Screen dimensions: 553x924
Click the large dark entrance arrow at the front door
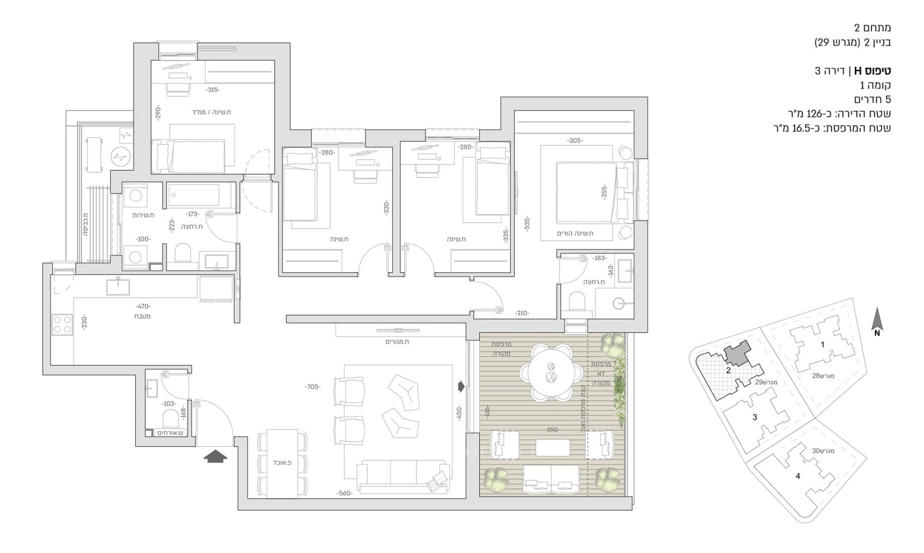click(x=215, y=456)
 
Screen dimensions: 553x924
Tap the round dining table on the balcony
click(x=550, y=372)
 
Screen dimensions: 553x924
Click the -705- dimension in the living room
click(x=312, y=387)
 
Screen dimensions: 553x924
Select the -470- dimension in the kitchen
click(x=143, y=306)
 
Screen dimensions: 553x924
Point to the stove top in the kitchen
click(x=62, y=324)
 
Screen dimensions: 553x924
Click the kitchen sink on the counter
click(x=118, y=286)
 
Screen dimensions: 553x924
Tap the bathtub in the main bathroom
click(x=194, y=195)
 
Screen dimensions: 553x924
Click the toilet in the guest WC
click(x=170, y=417)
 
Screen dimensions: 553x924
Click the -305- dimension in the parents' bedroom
click(x=575, y=141)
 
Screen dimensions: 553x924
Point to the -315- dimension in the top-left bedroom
click(x=213, y=89)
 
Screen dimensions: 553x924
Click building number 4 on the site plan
click(x=798, y=476)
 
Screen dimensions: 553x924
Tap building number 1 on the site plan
click(x=822, y=345)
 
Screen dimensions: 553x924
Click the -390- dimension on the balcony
click(x=552, y=430)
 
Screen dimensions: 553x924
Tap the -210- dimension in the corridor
click(x=521, y=313)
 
